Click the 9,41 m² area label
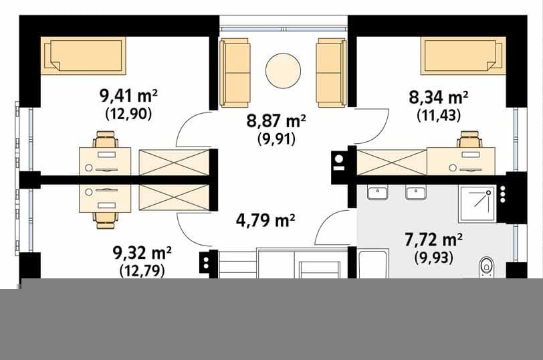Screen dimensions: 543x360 pos(128,96)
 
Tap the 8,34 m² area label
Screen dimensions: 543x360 pos(439,97)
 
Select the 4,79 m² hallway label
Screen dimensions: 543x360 pos(265,220)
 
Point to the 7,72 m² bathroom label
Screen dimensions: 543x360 pos(433,240)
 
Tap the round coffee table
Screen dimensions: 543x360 pos(283,71)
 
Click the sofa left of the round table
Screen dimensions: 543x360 pos(235,72)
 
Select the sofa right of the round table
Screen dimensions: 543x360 pos(331,72)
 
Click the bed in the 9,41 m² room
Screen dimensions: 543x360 pos(83,56)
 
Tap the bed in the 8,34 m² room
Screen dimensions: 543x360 pos(463,56)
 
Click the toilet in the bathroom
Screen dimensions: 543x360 pos(487,268)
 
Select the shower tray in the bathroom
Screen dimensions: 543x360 pos(477,203)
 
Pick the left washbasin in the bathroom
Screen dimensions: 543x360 pos(377,193)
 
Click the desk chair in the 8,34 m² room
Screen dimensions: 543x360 pos(469,139)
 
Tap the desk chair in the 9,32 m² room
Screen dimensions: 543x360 pos(105,220)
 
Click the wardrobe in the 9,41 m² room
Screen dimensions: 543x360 pos(174,163)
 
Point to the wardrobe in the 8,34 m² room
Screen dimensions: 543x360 pos(392,162)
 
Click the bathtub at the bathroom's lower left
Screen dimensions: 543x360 pos(373,264)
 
